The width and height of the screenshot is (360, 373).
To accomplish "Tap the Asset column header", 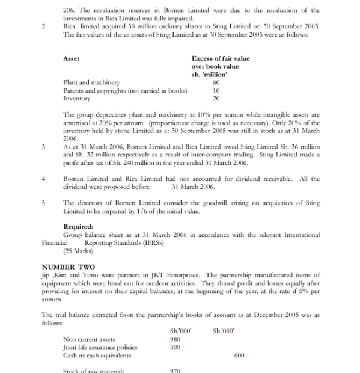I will coord(72,58).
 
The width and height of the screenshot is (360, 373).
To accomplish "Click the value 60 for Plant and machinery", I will coord(217,82).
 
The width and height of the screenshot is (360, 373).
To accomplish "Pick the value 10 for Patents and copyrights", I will coord(217,90).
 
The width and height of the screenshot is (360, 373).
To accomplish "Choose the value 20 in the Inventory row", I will coord(217,98).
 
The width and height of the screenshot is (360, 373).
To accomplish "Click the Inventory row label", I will coord(76,98).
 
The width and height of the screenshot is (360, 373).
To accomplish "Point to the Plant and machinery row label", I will coord(91,82).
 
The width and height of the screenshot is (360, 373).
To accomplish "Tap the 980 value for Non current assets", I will coord(176,339).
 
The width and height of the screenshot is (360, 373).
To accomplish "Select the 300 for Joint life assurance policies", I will coord(176,347).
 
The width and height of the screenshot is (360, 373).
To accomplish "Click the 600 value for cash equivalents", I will coord(239,355).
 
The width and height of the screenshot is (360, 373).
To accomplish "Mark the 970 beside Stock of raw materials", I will coord(176,371).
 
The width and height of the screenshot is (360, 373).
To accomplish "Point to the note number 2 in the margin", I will coord(44,27).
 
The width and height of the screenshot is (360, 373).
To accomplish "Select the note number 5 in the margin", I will coord(44,203).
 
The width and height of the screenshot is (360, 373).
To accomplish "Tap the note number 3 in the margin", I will coord(44,146).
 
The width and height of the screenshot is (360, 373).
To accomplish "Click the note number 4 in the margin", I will coord(44,179).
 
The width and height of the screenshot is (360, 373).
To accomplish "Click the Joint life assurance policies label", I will coord(100,347).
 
